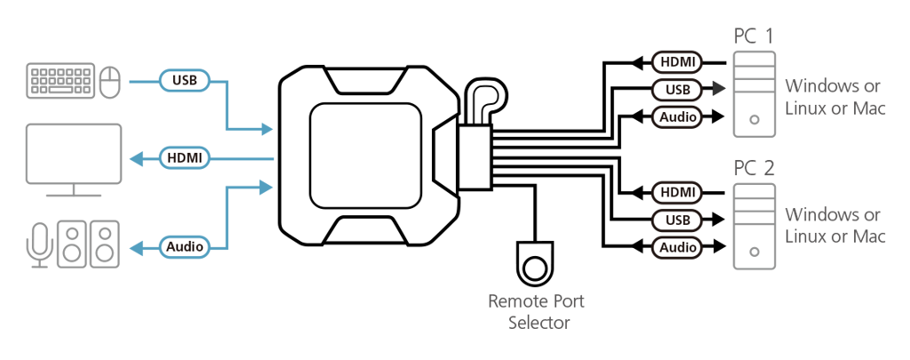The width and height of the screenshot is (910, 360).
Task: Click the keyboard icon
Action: click(60, 81)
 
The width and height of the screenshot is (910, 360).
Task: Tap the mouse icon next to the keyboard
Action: click(110, 82)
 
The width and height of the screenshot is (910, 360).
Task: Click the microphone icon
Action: click(38, 244)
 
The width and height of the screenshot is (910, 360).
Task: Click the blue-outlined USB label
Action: click(185, 81)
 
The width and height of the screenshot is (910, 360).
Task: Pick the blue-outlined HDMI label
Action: click(185, 158)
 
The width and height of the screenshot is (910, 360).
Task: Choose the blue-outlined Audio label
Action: click(185, 246)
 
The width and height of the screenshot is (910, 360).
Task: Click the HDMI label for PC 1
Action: click(677, 62)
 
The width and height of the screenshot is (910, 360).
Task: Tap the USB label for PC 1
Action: click(677, 89)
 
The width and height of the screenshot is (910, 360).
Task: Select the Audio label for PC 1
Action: click(677, 116)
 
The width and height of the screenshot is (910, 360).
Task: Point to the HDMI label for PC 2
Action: click(677, 192)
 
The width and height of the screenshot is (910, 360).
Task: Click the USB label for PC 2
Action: click(677, 220)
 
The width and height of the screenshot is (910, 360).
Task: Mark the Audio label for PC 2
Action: click(677, 246)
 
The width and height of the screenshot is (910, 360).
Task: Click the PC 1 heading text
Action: click(753, 36)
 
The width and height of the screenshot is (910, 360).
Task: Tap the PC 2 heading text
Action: click(754, 168)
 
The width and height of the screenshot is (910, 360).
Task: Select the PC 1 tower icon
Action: click(754, 94)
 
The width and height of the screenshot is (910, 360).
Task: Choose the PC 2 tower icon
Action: click(754, 226)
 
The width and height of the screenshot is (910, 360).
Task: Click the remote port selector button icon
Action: click(535, 264)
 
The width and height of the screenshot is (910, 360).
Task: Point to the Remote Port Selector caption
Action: click(537, 311)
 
